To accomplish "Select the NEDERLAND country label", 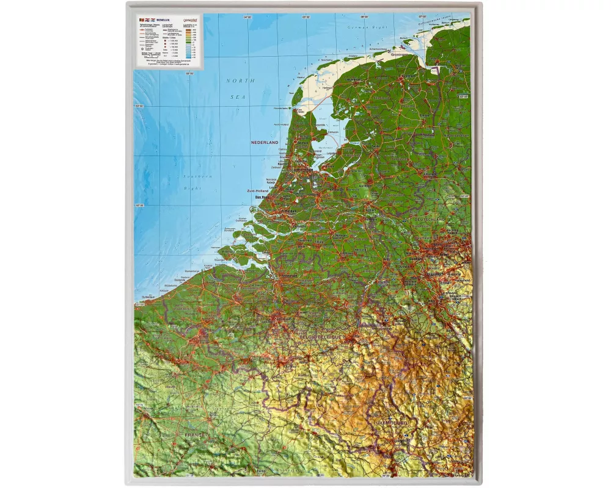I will coord(264,142).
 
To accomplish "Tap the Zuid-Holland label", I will coord(258,191).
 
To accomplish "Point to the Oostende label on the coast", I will coord(181,280).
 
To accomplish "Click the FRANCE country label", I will coord(194,435).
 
